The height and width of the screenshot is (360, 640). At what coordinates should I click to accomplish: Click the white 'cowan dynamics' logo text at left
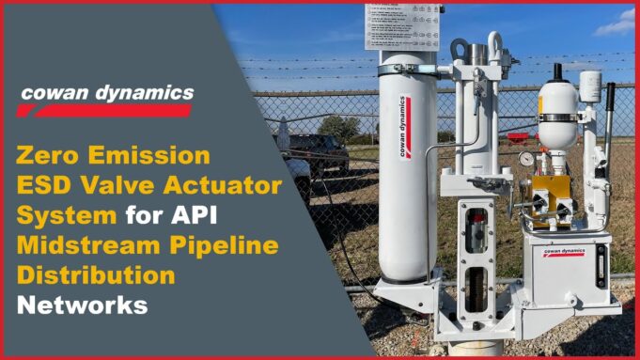[106, 93]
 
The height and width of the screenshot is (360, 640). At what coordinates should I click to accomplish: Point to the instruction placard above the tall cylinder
[403, 25]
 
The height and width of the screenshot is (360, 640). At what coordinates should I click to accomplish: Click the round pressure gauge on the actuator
[525, 159]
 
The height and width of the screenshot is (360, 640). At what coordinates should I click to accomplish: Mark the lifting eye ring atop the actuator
[460, 49]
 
